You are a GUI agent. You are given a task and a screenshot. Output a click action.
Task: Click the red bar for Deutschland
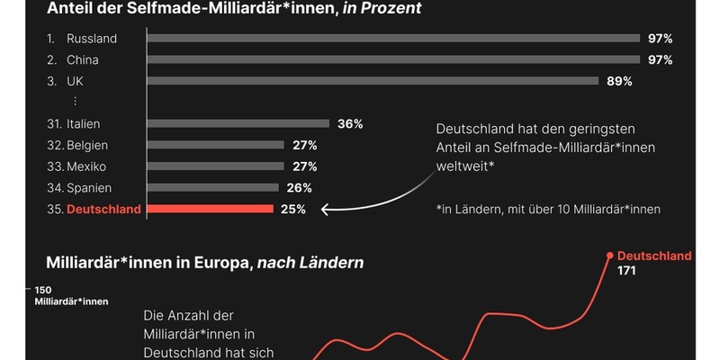click(209, 209)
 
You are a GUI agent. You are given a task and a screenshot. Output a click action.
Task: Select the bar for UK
click(372, 81)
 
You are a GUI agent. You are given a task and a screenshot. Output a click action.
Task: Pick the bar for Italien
click(238, 123)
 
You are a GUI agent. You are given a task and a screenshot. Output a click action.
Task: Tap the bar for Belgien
click(215, 145)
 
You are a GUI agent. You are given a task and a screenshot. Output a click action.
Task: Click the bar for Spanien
click(212, 187)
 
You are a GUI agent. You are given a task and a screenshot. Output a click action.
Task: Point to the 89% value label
click(619, 81)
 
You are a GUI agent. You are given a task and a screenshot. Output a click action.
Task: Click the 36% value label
click(350, 123)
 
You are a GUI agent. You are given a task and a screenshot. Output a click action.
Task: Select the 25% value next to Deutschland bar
click(292, 209)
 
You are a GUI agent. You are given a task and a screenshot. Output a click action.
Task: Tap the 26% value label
click(300, 187)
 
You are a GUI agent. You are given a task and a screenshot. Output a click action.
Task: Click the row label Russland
click(92, 39)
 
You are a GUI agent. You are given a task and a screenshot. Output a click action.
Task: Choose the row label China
click(83, 60)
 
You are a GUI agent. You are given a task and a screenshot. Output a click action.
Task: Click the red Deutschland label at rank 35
click(104, 209)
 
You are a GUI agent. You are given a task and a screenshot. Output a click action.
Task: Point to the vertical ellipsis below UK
click(76, 102)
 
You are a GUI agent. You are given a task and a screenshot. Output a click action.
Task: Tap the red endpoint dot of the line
click(610, 256)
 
